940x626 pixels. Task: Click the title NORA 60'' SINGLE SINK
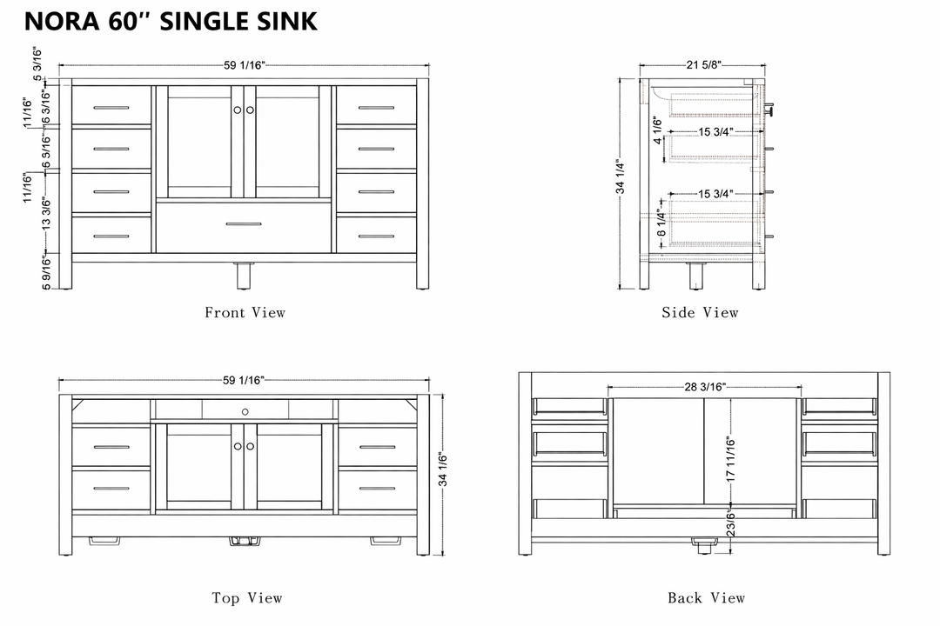click(x=171, y=21)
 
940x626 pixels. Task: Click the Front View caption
click(x=245, y=312)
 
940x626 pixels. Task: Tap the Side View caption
click(x=700, y=312)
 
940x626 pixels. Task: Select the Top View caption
click(x=247, y=597)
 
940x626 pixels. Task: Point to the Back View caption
click(x=706, y=597)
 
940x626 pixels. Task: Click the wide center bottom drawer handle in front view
click(x=244, y=224)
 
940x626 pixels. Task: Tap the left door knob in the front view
click(x=237, y=110)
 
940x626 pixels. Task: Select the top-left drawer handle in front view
click(x=111, y=108)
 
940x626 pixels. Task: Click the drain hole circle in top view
click(x=245, y=410)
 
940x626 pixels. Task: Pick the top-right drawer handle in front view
click(x=376, y=108)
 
